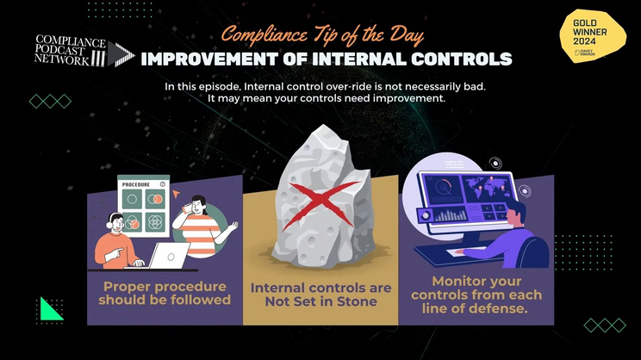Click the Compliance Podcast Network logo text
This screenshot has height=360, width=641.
[x=70, y=50]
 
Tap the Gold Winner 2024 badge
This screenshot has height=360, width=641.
[x=593, y=36]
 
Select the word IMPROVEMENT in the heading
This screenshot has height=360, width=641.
[x=209, y=59]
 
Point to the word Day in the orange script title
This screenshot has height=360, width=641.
[x=407, y=35]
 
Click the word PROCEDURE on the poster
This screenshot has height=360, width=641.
[x=136, y=184]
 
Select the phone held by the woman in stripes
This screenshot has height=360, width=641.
[x=187, y=208]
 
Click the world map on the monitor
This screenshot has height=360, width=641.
[x=489, y=187]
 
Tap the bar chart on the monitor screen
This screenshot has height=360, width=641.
[x=450, y=215]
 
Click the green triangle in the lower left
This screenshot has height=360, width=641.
[x=51, y=308]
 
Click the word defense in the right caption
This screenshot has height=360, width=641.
[x=501, y=308]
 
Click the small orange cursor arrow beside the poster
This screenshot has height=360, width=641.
[x=176, y=194]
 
